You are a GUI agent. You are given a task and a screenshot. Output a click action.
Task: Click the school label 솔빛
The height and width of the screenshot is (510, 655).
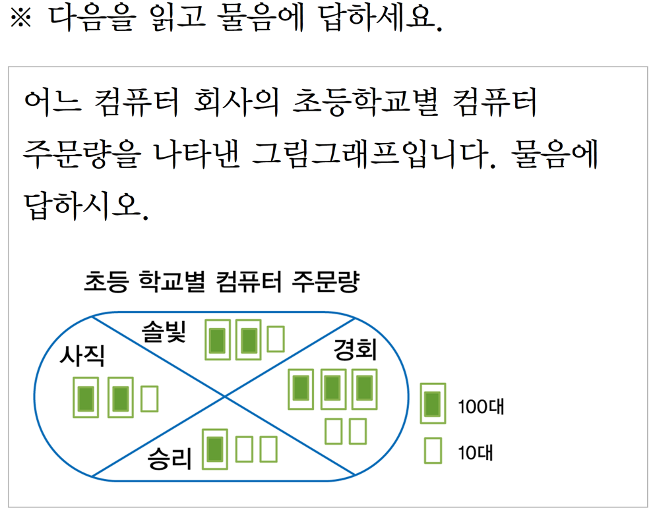165,331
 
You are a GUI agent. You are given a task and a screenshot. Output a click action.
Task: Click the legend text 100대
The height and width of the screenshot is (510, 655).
481,406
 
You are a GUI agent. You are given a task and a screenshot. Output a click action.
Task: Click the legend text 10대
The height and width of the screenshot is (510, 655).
476,453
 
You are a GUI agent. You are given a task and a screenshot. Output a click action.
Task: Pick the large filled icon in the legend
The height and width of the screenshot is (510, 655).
433,403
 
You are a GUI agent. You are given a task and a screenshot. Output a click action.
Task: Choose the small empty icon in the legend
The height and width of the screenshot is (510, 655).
433,451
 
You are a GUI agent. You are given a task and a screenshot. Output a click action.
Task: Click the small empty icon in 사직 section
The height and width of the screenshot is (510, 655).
150,399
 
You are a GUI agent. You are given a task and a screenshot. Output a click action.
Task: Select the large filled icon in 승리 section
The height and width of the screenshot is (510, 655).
215,449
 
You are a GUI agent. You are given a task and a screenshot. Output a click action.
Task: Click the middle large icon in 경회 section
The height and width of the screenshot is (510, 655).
332,389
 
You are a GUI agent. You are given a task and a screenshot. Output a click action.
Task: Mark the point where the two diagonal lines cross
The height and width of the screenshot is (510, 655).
225,397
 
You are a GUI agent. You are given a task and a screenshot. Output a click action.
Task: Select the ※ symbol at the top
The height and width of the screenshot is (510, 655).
22,20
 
